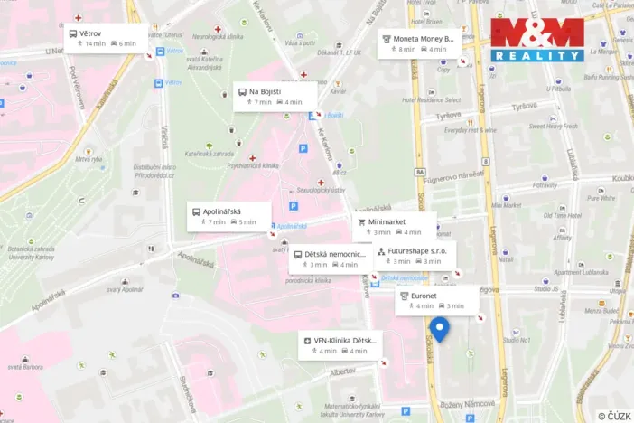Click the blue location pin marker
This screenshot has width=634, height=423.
[440, 329]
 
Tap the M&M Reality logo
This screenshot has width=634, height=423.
[537, 39]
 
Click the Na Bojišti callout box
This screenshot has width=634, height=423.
[275, 97]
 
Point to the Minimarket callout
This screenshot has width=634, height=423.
[394, 226]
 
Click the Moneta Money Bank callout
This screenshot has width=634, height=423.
[419, 43]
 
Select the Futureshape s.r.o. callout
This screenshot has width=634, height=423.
[415, 255]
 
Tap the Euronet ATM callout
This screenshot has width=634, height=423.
[436, 300]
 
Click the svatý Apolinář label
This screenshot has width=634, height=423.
[126, 289]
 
